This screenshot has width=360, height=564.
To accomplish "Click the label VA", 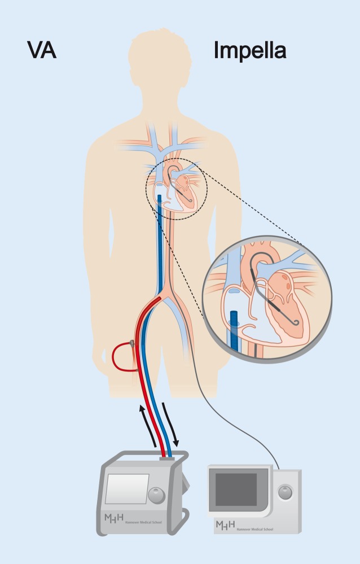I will click(42, 51).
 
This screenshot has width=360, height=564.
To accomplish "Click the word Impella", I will click(249, 51).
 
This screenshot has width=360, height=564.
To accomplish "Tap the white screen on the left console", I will click(127, 488).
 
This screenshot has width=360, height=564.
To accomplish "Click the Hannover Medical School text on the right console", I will click(253, 527).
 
